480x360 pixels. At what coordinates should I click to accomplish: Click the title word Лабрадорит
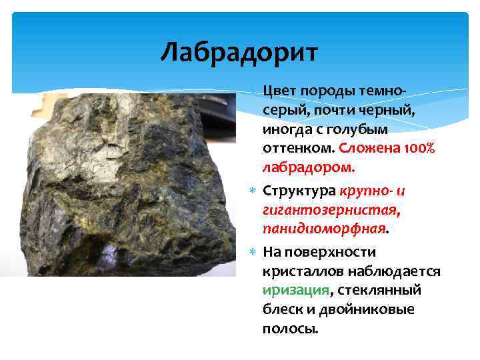239,51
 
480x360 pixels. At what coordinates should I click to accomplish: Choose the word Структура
299,191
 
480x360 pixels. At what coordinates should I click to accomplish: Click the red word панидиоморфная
324,229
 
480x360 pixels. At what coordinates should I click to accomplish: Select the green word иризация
295,290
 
